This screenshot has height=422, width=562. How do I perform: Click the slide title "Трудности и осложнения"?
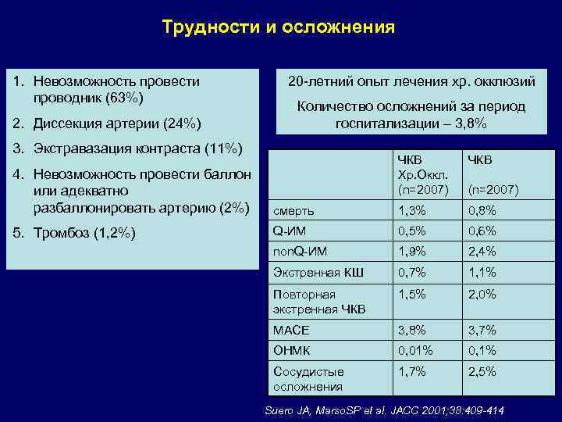[x=279, y=27]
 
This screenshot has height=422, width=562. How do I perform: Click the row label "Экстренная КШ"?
[x=310, y=272]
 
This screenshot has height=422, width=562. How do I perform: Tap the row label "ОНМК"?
[x=290, y=351]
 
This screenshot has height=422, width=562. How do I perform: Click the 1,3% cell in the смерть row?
[x=413, y=210]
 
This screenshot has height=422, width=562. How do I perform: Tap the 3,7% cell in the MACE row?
[x=482, y=331]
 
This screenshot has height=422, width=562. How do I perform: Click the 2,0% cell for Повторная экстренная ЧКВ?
[x=482, y=295]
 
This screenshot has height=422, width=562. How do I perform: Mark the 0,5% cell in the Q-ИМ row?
[x=413, y=231]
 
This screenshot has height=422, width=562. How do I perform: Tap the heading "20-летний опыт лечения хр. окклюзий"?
[x=411, y=81]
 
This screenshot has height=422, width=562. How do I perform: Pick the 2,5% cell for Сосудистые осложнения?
[x=482, y=372]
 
